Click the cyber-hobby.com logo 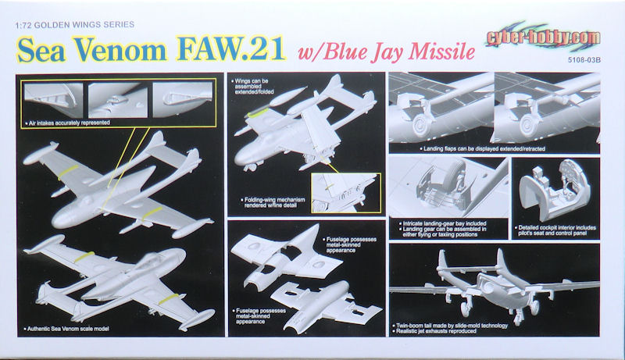point(543,37)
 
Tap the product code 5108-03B point(584,60)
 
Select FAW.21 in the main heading point(231,49)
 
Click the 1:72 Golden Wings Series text point(74,25)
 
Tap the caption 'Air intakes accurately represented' point(67,123)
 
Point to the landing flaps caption point(481,148)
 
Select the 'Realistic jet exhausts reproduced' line point(434,331)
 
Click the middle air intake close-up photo point(118,100)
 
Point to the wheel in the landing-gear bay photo point(455,176)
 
